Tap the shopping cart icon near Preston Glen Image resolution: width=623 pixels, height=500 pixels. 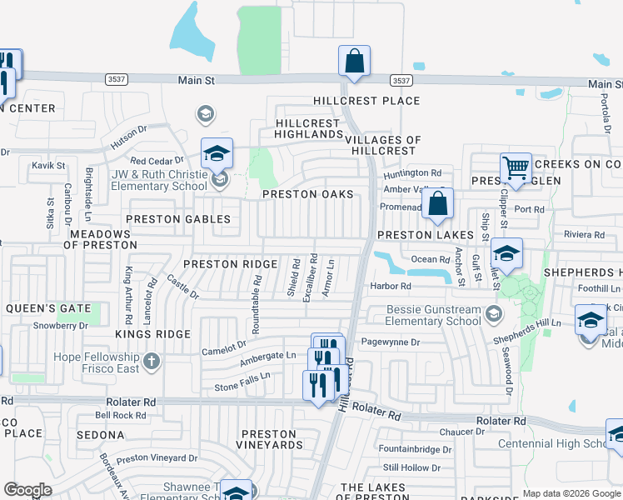(x=516, y=169)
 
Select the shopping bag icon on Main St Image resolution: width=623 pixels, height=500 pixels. (x=355, y=61)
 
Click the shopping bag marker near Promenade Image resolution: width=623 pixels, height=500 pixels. (x=437, y=204)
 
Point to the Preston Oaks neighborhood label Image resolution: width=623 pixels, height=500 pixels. (x=307, y=194)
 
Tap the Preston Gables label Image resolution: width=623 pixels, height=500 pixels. (x=177, y=219)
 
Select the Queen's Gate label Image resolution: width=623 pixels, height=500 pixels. (x=47, y=308)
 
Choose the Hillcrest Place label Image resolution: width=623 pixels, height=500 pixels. (x=366, y=101)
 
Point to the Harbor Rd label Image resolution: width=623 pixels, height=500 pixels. (x=391, y=287)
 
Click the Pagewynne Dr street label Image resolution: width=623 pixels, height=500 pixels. (x=392, y=342)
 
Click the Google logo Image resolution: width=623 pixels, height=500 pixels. (x=27, y=490)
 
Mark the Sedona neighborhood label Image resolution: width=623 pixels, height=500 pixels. (x=100, y=435)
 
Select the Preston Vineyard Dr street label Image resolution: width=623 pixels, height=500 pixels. (x=157, y=458)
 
